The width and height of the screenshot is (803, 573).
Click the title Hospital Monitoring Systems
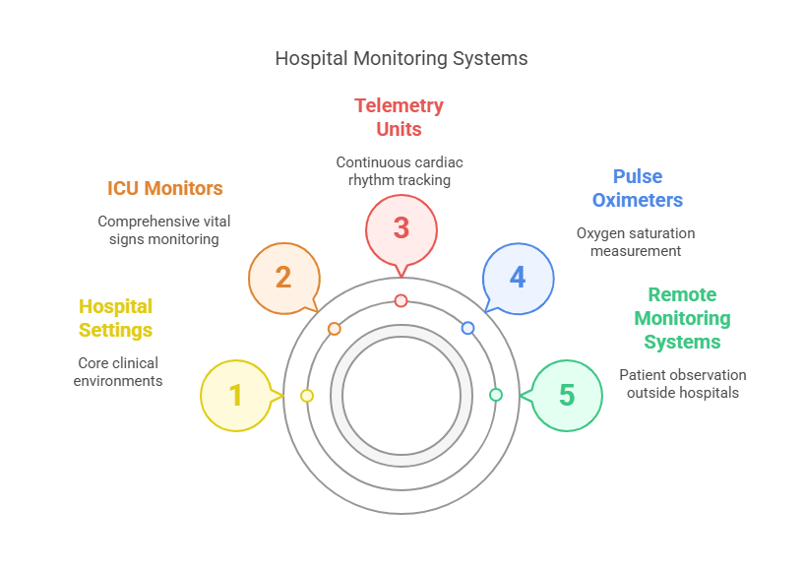401,58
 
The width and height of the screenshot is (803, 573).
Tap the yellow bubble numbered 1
236,395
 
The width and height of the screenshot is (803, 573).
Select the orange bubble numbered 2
283,277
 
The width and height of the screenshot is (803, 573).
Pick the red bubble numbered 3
401,227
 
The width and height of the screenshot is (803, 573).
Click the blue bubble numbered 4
518,277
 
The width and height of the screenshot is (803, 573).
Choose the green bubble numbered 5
567,395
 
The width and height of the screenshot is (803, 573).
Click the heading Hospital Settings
116,318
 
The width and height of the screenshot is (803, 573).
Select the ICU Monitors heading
165,188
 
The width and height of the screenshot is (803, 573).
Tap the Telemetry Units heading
400,117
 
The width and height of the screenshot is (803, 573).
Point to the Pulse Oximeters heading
637,188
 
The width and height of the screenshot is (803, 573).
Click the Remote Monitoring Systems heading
682,318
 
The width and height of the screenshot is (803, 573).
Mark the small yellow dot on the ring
307,395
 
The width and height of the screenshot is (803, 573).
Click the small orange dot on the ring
335,328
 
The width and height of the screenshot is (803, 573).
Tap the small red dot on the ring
401,300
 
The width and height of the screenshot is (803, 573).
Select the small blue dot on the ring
467,328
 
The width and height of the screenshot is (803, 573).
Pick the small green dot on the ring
496,395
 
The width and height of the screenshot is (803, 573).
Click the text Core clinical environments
118,371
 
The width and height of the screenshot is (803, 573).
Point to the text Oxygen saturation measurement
636,242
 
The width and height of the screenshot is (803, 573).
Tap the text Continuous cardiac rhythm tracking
400,170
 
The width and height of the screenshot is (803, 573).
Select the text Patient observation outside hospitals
682,383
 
